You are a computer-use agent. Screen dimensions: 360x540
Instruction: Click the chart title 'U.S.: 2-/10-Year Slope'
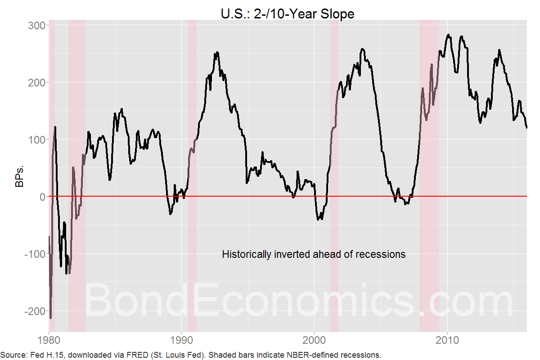pyautogui.click(x=287, y=13)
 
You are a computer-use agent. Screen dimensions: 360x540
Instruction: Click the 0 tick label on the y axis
pyautogui.click(x=41, y=197)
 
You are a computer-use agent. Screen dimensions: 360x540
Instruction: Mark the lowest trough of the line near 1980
pyautogui.click(x=51, y=318)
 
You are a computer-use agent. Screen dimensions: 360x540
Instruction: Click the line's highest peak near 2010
pyautogui.click(x=448, y=35)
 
